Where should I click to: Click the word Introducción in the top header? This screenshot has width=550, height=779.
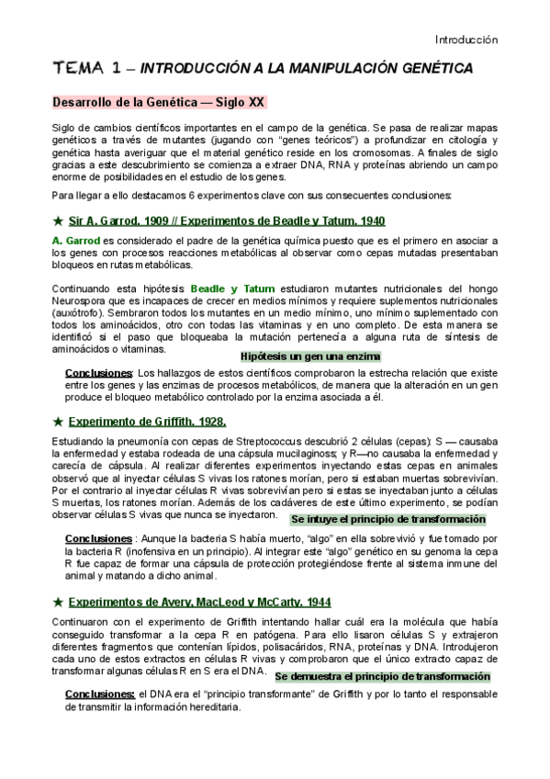(x=466, y=40)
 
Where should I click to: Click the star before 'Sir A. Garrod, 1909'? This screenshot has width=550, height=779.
(x=59, y=220)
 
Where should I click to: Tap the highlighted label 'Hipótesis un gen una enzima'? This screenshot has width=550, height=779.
(x=309, y=356)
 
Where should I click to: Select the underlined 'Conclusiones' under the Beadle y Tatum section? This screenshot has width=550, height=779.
(x=98, y=373)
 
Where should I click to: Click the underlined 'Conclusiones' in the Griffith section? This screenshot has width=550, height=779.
(x=98, y=537)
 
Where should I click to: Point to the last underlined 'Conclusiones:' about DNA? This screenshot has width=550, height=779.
(x=100, y=694)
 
